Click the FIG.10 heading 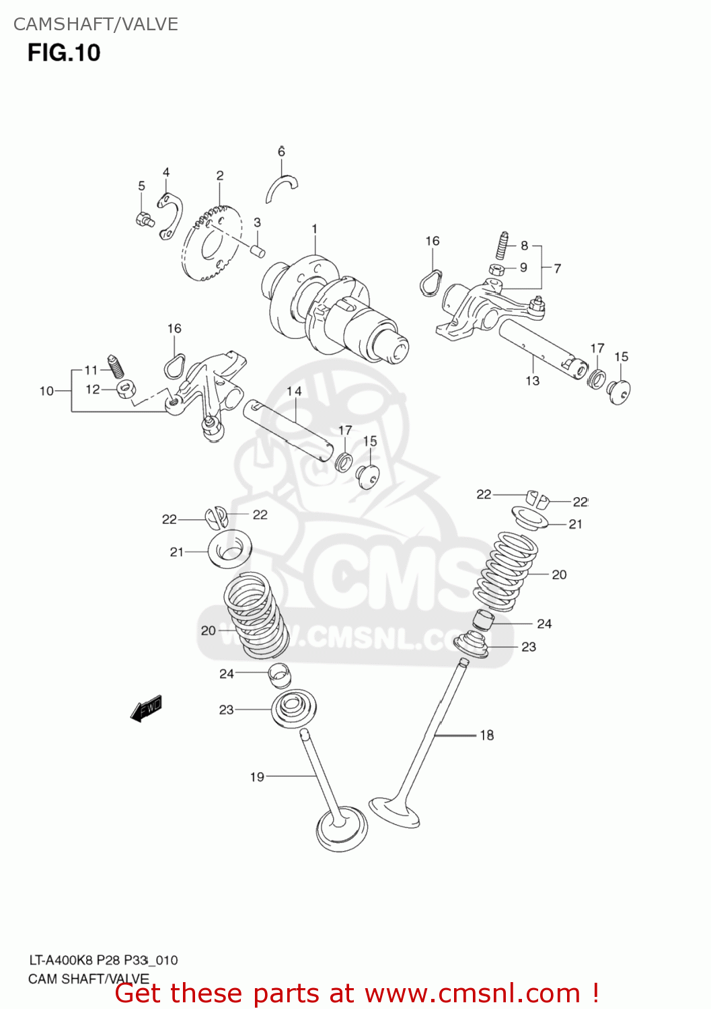click(x=64, y=52)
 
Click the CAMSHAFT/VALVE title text click(x=96, y=24)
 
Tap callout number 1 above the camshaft click(x=314, y=229)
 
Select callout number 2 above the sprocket click(x=220, y=176)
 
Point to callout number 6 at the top click(x=281, y=152)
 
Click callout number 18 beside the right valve click(x=487, y=735)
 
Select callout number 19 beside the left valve click(x=257, y=777)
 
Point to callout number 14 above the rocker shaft click(x=294, y=391)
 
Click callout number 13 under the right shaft click(x=533, y=381)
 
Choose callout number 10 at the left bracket click(x=46, y=391)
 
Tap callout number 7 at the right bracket click(x=557, y=268)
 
